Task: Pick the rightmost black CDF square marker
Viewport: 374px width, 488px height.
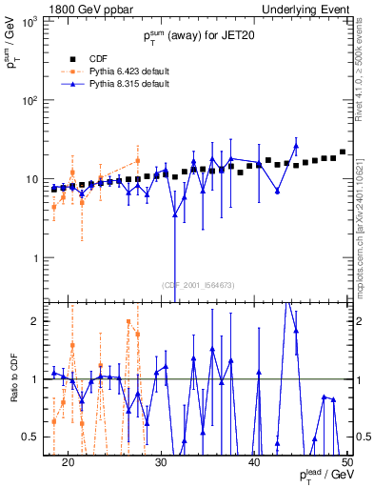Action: (343, 152)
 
